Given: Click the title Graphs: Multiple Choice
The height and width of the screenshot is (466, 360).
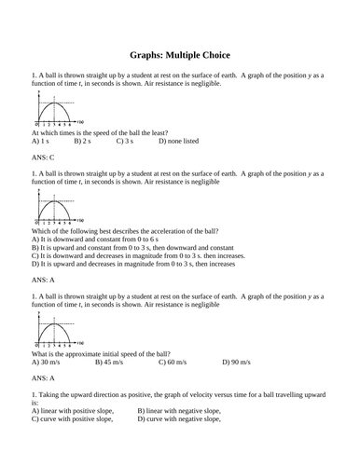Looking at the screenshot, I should tap(179, 55).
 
